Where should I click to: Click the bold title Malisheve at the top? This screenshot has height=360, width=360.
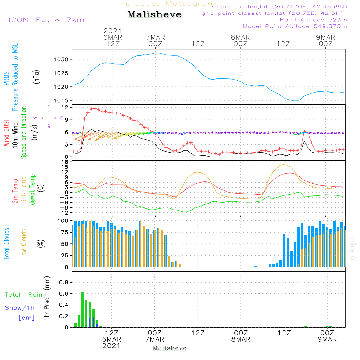[x=154, y=14]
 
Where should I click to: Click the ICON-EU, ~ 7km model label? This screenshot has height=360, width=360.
[x=46, y=20]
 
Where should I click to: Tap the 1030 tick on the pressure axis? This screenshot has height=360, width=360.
[x=61, y=59]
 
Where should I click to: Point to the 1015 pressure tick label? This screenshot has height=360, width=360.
[x=61, y=100]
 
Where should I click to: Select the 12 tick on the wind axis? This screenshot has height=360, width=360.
[x=65, y=107]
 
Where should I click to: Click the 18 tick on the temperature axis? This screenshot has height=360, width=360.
[x=65, y=162]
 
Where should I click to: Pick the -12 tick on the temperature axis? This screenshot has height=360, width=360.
[x=62, y=213]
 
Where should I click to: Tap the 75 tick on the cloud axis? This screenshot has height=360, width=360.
[x=64, y=232]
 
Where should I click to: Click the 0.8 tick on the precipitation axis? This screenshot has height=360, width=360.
[x=64, y=282]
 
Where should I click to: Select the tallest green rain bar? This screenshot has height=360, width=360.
[x=83, y=309]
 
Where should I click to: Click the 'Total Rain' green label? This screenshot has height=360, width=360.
[x=24, y=295]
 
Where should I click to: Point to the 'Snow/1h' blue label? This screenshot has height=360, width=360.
[x=20, y=308]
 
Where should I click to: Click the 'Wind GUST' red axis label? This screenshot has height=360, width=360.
[x=6, y=132]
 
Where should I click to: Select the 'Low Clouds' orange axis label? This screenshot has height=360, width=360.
[x=23, y=244]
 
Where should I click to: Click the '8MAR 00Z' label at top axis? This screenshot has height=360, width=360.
[x=240, y=41]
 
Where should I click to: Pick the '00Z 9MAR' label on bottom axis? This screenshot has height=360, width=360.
[x=327, y=336]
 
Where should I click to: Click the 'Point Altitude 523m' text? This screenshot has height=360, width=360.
[x=313, y=20]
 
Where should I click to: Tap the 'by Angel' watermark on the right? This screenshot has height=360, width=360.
[x=352, y=249]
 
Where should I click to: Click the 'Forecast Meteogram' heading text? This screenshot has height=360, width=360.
[x=168, y=4]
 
